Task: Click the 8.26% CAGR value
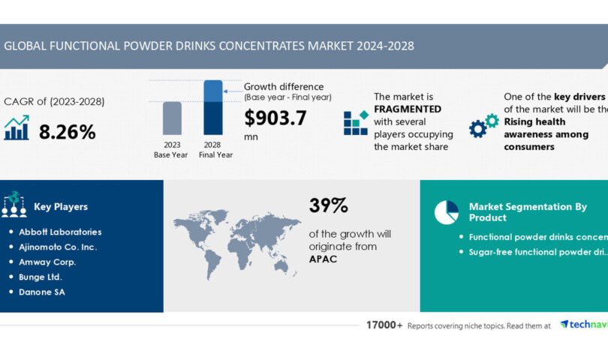coord(68,132)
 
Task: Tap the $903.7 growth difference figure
coord(275,118)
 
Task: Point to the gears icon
coord(483,125)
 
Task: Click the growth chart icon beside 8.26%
coord(17,128)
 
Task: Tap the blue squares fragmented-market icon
coord(356,122)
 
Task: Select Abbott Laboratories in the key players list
coord(60,232)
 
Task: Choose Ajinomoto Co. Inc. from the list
coord(58,247)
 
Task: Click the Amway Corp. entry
coord(47,262)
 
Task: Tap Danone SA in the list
coord(42,292)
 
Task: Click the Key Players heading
coord(61,207)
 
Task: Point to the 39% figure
coord(329,205)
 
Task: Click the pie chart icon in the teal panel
coord(447,212)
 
